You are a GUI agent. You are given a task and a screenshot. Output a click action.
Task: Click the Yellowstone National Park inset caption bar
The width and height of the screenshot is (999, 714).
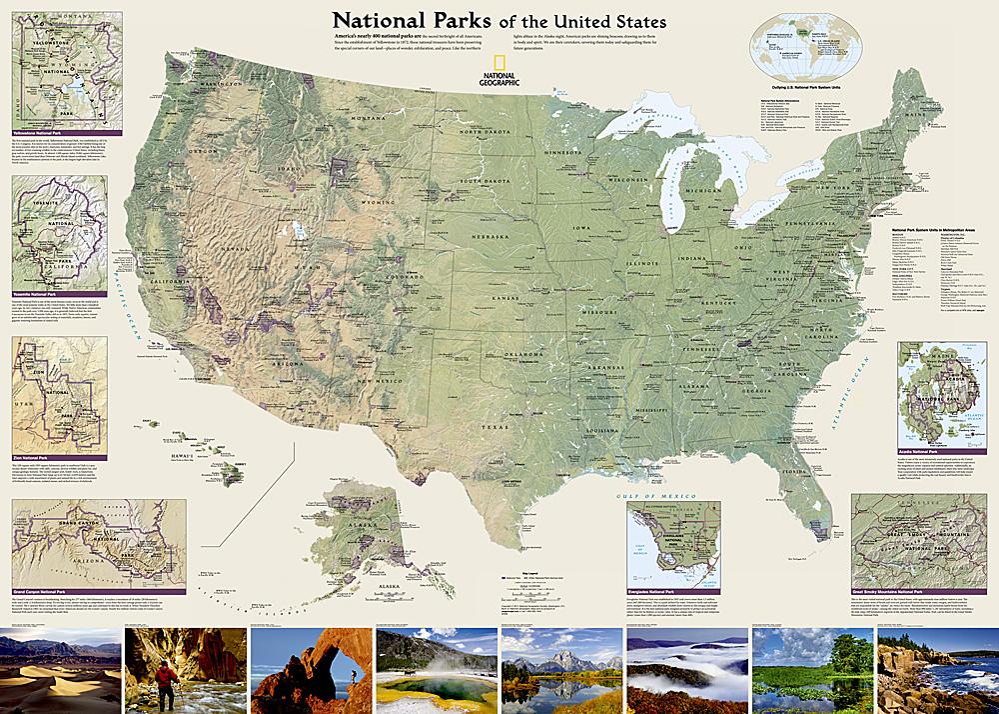tap(66, 131)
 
